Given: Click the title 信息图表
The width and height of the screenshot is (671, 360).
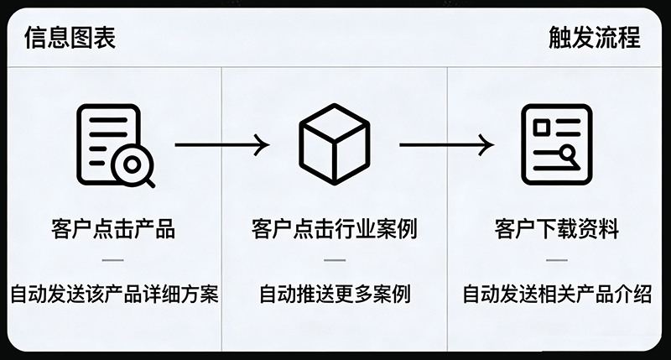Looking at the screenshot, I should coord(70,38).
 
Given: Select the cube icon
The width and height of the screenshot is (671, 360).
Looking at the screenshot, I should coord(334,144).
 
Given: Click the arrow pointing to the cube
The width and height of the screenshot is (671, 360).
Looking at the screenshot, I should coord(222,144).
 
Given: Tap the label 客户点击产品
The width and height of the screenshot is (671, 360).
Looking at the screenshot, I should coord(112,228).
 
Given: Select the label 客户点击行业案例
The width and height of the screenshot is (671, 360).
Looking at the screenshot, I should coord(335,228).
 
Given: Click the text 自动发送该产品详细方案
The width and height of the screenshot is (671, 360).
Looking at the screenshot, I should coord(114,295).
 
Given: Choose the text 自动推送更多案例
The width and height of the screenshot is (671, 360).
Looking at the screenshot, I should coord(335,295).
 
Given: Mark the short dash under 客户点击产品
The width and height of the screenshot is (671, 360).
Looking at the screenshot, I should coord(112,260).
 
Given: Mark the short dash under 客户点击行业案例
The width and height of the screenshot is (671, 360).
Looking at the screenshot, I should coord(335,260).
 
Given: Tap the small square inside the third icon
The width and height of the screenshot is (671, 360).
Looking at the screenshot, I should coord(543,126).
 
